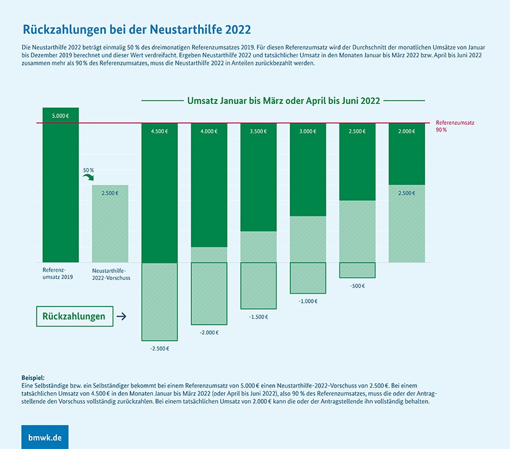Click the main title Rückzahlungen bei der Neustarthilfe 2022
(136, 29)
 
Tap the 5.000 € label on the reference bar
(61, 115)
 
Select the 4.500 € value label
(160, 131)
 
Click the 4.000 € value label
(209, 131)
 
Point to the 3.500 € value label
(258, 131)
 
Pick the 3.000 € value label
(308, 131)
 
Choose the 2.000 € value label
(406, 131)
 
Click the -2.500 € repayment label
(160, 348)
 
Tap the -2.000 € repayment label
(209, 332)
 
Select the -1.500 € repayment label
(258, 317)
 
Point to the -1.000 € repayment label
(308, 301)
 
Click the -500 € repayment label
(357, 286)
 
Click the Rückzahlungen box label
(73, 316)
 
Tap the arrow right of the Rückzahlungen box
(121, 316)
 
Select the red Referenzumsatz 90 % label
(455, 126)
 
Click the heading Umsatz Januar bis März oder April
(283, 100)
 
